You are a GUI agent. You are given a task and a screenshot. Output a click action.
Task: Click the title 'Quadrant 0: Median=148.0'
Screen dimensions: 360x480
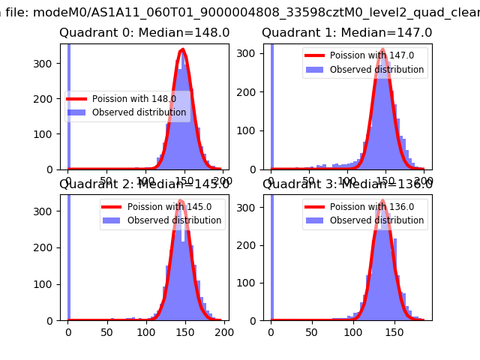pyautogui.click(x=144, y=33)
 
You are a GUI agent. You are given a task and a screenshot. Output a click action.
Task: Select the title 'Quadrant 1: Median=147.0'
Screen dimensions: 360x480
pyautogui.click(x=346, y=33)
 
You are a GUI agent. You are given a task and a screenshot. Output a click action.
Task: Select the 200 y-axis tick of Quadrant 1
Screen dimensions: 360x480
pyautogui.click(x=250, y=92)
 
